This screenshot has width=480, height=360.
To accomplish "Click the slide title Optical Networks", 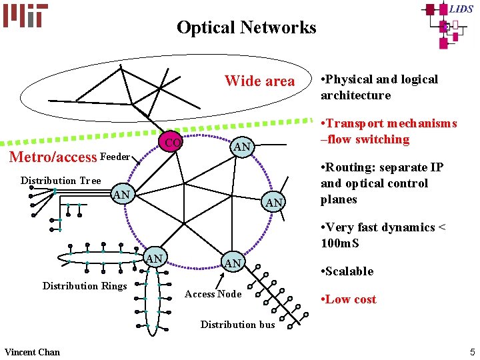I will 246,27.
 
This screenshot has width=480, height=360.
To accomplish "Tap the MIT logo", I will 25,15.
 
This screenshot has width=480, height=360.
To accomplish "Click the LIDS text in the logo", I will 460,9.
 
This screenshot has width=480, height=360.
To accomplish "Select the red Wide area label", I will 259,81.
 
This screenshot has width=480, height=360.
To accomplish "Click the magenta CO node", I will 173,143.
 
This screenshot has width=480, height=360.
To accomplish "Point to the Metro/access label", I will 52,157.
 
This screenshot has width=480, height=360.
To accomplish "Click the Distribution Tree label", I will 61,181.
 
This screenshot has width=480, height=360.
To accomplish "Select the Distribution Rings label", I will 85,286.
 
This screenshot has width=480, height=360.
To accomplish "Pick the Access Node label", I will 213,294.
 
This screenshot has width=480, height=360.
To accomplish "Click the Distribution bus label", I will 237,325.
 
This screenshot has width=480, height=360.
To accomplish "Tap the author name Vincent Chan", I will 32,352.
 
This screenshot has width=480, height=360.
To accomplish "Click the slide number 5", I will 472,351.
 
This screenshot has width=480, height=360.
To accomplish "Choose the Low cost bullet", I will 351,299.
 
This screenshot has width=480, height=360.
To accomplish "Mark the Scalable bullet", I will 350,271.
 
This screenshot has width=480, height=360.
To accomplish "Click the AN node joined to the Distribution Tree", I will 121,195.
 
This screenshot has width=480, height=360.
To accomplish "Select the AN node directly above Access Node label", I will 233,263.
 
